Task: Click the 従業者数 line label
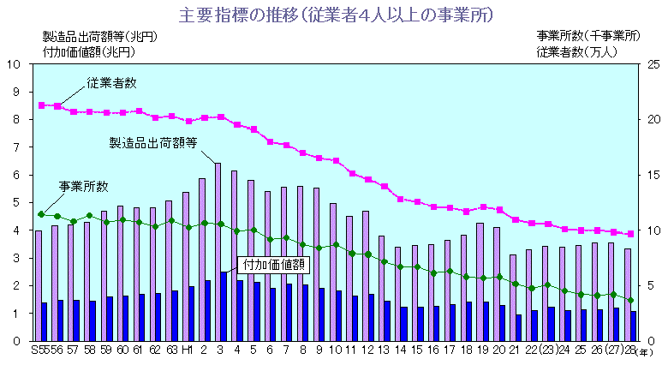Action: point(111,83)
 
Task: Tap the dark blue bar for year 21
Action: point(518,327)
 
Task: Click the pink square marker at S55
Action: point(41,105)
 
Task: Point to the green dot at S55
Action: point(41,214)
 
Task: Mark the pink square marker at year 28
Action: point(631,234)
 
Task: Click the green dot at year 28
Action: point(631,300)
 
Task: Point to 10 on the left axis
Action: point(14,64)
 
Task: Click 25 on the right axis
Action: point(653,64)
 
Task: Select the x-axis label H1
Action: point(186,350)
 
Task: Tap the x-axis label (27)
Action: point(612,350)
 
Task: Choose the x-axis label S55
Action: point(39,350)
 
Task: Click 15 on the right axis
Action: point(653,175)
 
